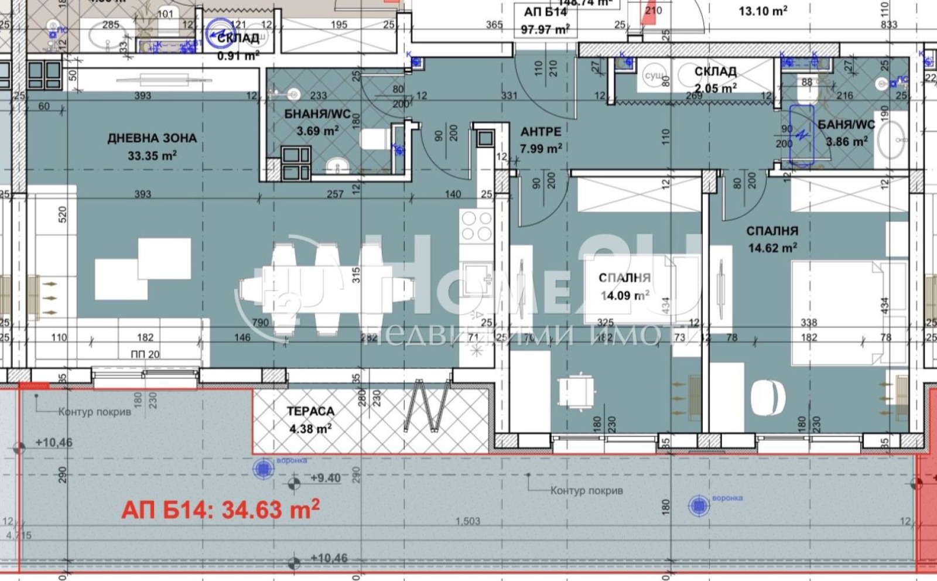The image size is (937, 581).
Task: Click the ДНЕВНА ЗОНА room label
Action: click(152, 139)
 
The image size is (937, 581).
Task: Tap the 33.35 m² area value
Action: click(152, 156)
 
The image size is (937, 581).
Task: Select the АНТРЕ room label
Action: click(541, 132)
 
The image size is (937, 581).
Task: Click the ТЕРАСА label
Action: click(310, 412)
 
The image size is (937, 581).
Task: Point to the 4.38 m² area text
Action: click(310, 429)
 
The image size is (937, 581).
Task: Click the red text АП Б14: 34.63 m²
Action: click(220, 509)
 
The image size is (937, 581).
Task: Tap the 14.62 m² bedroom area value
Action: click(772, 248)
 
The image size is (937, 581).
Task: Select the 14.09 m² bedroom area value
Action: click(624, 295)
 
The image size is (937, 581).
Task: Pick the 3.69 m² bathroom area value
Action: click(317, 131)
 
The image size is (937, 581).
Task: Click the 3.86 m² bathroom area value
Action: click(846, 141)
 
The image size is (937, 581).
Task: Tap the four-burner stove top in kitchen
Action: click(476, 226)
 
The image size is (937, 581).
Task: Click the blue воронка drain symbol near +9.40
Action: click(264, 469)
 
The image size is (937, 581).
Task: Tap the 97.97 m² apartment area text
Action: click(545, 29)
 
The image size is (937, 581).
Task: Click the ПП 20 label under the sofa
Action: click(145, 354)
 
